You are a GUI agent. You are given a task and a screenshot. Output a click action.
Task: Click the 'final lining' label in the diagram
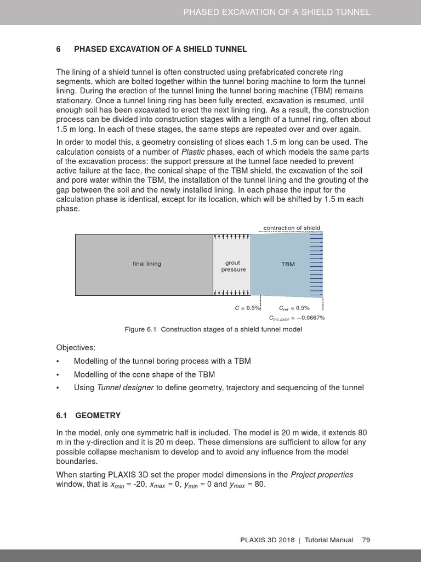click(147, 264)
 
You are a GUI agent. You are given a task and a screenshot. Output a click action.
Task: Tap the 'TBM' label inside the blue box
click(288, 264)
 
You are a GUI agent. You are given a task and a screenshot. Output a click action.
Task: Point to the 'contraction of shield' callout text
click(292, 228)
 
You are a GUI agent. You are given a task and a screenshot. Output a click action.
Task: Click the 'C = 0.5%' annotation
click(247, 308)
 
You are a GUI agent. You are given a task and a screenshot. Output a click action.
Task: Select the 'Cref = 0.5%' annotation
click(294, 308)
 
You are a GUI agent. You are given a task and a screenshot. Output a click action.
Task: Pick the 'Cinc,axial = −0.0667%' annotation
click(297, 318)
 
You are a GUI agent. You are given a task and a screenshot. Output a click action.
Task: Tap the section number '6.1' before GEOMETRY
click(61, 415)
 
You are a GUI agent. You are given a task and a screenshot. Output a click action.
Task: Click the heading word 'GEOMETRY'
click(98, 415)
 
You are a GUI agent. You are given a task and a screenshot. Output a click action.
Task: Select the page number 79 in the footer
click(366, 540)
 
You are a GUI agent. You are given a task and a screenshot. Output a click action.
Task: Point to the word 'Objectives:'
click(76, 348)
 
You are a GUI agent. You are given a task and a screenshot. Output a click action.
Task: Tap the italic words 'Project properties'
click(322, 475)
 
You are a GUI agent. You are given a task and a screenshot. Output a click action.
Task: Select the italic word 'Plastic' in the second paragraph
click(194, 151)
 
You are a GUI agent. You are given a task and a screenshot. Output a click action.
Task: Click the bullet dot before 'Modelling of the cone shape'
click(58, 374)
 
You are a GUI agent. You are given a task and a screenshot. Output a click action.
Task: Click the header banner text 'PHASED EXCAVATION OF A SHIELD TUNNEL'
click(277, 12)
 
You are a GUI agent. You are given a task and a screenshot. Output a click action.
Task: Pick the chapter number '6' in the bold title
click(59, 49)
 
